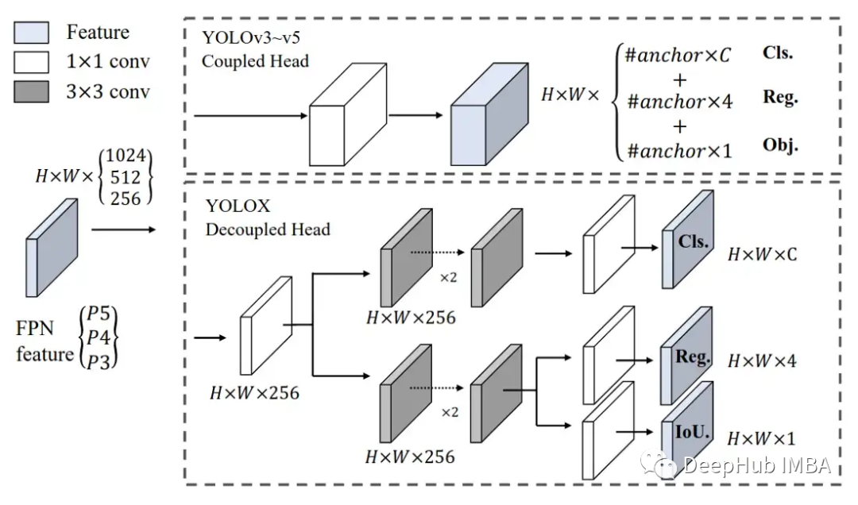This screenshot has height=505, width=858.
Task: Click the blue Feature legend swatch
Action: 32,33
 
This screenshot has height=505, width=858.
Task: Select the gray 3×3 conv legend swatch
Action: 32,91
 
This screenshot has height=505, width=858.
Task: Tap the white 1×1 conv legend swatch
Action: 32,62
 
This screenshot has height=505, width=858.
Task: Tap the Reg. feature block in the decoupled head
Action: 688,357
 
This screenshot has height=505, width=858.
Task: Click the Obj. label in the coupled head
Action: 779,146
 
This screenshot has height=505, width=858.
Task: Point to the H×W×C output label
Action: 762,255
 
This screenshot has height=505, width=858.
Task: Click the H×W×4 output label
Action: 762,361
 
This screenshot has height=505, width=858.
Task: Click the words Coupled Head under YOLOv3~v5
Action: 254,61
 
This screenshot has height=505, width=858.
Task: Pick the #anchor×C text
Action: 678,56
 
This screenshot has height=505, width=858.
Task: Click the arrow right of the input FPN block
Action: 123,230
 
